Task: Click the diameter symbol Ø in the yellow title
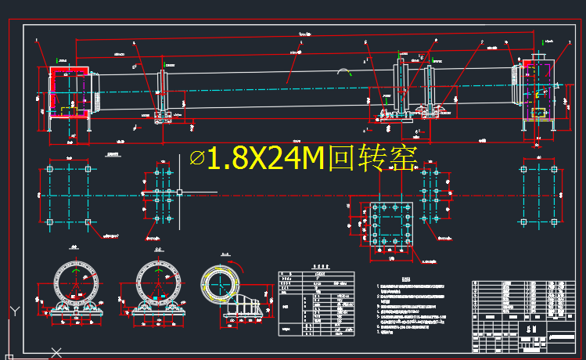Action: (197, 160)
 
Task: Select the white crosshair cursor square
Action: (179, 192)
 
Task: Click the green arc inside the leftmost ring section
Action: (78, 274)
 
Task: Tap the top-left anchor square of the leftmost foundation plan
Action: (51, 169)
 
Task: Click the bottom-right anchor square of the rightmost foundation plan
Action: (559, 221)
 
